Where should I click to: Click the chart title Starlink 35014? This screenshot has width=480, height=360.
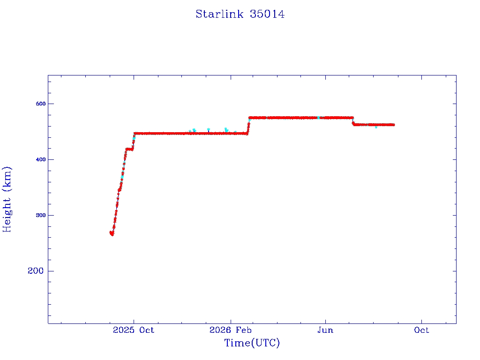[x=240, y=14]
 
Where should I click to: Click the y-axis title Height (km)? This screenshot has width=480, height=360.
[x=7, y=199]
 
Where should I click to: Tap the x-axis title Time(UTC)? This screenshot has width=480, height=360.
[x=252, y=343]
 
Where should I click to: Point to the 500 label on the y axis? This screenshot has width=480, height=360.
[x=41, y=104]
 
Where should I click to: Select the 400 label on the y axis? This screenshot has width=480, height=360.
[x=41, y=159]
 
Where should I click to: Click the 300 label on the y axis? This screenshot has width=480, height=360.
[x=41, y=215]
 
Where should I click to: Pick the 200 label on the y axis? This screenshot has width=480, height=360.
[x=36, y=271]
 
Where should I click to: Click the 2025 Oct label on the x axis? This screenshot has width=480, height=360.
[x=134, y=330]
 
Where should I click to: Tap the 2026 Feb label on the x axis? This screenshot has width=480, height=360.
[x=231, y=330]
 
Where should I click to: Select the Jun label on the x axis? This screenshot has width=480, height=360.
[x=325, y=330]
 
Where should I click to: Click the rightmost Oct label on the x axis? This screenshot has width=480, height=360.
[x=421, y=330]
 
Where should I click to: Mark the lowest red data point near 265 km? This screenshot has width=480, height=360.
[x=112, y=234]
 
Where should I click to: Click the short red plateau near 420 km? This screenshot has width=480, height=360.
[x=129, y=150]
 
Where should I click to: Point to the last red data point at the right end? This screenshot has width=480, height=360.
[x=393, y=125]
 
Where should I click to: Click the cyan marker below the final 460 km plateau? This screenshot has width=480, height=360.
[x=376, y=127]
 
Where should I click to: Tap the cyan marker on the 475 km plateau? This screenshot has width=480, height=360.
[x=318, y=118]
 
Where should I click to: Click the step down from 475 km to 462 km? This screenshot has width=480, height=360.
[x=353, y=121]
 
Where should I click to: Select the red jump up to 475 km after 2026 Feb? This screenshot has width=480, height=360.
[x=248, y=126]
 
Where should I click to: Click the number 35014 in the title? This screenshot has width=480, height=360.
[x=267, y=14]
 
